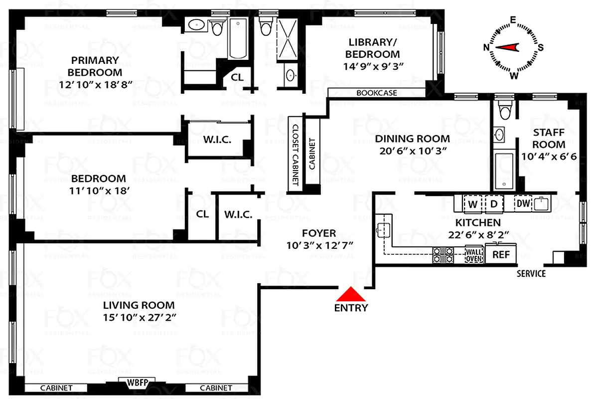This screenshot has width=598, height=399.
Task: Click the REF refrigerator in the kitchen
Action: tap(501, 254)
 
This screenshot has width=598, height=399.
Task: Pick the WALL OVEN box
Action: tap(474, 254)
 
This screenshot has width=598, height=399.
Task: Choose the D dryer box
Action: tap(494, 203)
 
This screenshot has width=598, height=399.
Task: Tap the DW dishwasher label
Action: tap(522, 203)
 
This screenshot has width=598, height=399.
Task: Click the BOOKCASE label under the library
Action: tap(377, 93)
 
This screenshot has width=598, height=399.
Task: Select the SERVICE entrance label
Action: tap(531, 273)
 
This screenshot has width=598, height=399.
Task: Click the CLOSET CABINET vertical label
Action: tap(295, 155)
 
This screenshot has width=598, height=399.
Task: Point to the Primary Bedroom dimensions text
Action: tap(95, 84)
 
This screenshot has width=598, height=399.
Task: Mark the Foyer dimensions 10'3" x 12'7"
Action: tap(319, 245)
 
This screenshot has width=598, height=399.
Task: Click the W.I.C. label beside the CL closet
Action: tap(238, 214)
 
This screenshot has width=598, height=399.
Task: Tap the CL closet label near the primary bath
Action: tap(237, 77)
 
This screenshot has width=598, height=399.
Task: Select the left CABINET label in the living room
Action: tap(56, 388)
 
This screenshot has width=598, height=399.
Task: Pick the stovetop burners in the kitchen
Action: tap(443, 255)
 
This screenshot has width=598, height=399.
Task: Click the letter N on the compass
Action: tap(486, 47)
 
